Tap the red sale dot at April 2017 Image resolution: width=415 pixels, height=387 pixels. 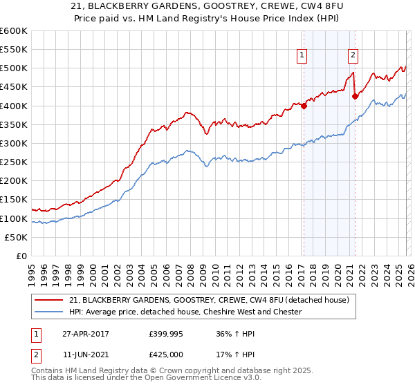click(304, 106)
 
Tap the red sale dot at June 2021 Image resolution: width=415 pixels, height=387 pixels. click(355, 96)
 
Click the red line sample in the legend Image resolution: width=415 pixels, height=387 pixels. click(49, 300)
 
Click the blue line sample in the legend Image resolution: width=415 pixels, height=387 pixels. click(49, 312)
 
